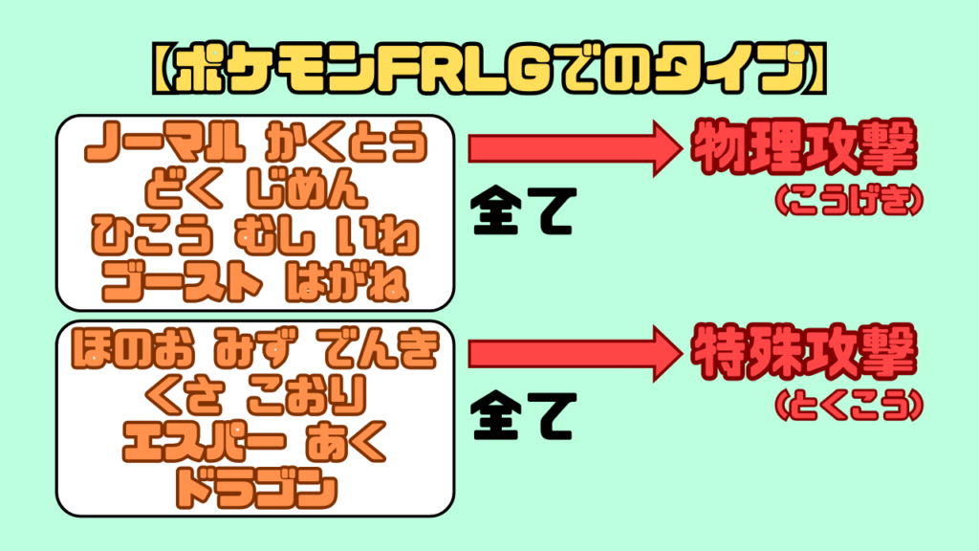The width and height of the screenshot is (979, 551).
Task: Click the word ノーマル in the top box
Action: [160, 146]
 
